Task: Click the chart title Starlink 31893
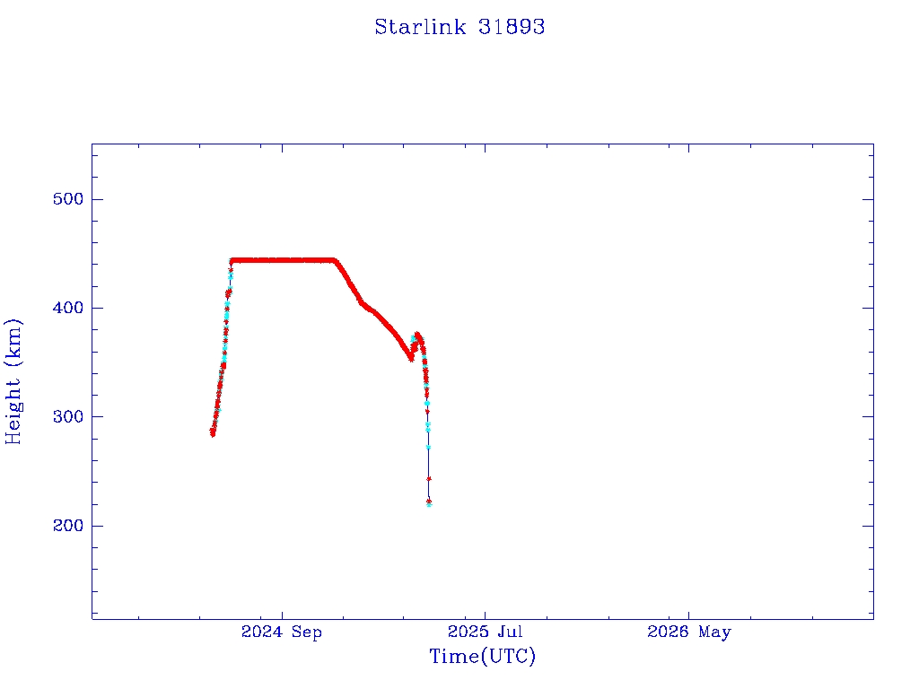[x=459, y=27]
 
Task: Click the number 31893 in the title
[x=511, y=27]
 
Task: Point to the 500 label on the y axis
[x=68, y=199]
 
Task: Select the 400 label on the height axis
[x=68, y=308]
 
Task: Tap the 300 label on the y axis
[x=68, y=416]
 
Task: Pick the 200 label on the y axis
[x=68, y=526]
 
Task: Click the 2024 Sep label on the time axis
[x=282, y=632]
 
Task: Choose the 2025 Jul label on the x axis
[x=486, y=632]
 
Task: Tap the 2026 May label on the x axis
[x=689, y=632]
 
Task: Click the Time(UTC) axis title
[x=482, y=656]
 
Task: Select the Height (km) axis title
[x=13, y=381]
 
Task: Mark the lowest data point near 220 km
[x=429, y=504]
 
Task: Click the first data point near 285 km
[x=212, y=433]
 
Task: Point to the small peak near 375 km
[x=417, y=336]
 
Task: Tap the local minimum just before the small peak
[x=411, y=359]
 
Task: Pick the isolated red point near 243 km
[x=429, y=479]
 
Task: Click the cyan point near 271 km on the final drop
[x=428, y=448]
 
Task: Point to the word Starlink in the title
[x=420, y=27]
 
